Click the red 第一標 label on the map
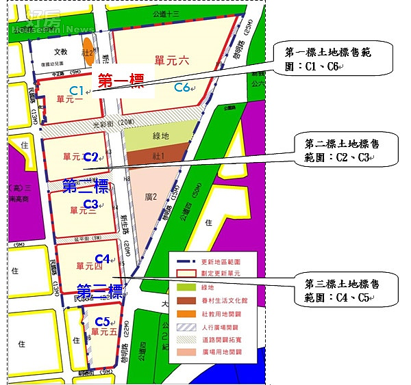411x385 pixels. (x=120, y=79)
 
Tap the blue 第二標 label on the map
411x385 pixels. (x=85, y=186)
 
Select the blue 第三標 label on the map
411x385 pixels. (x=99, y=291)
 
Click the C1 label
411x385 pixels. (x=77, y=91)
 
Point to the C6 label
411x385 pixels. (x=182, y=87)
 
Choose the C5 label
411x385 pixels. (x=103, y=321)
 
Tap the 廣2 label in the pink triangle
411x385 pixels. (x=151, y=198)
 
